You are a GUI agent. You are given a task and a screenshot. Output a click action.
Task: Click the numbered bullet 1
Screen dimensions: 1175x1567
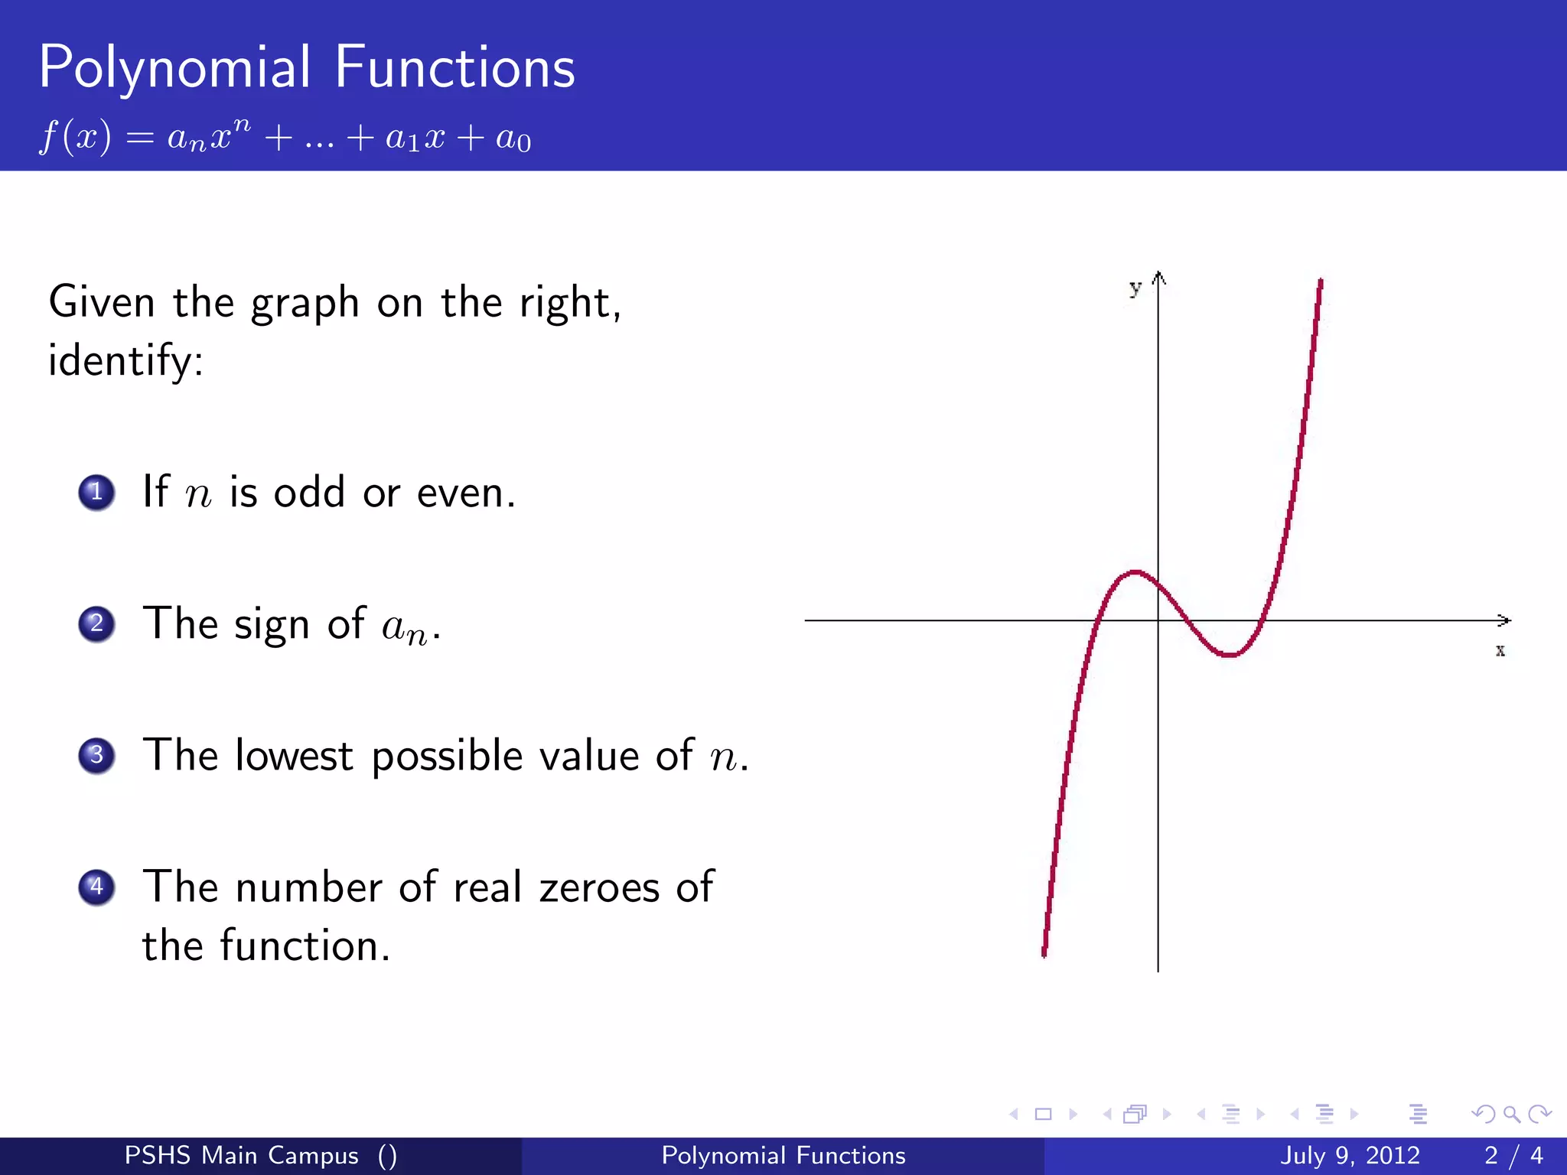pos(96,493)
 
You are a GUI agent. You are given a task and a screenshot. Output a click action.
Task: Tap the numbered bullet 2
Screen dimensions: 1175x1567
pos(96,624)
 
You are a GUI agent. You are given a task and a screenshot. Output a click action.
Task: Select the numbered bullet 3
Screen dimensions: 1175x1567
pos(96,756)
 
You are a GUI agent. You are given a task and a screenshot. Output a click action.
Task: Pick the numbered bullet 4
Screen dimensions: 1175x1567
pos(96,887)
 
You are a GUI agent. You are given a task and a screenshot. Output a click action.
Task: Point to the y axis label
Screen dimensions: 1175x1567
pos(1135,288)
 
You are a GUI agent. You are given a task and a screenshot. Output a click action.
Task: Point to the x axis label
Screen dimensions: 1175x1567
pos(1500,651)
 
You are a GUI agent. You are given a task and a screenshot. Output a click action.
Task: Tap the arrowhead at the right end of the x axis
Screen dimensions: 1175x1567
pos(1505,620)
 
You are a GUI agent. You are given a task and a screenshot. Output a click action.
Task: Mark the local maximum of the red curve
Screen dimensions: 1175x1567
pos(1136,571)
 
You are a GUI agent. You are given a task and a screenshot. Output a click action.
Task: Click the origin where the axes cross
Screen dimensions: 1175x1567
pos(1158,620)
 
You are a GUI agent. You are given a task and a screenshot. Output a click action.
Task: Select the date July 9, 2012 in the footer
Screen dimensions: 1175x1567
pos(1350,1155)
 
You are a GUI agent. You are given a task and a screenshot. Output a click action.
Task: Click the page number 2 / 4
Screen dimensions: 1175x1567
pos(1513,1155)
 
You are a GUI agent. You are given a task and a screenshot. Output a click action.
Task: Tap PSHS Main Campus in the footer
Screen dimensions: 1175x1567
pos(242,1155)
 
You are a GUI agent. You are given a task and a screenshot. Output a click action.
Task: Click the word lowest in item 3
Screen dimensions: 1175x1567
pos(294,757)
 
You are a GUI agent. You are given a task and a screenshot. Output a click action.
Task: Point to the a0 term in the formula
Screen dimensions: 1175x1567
pos(513,139)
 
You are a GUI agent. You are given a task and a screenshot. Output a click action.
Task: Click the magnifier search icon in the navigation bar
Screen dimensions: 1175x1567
pos(1511,1114)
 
